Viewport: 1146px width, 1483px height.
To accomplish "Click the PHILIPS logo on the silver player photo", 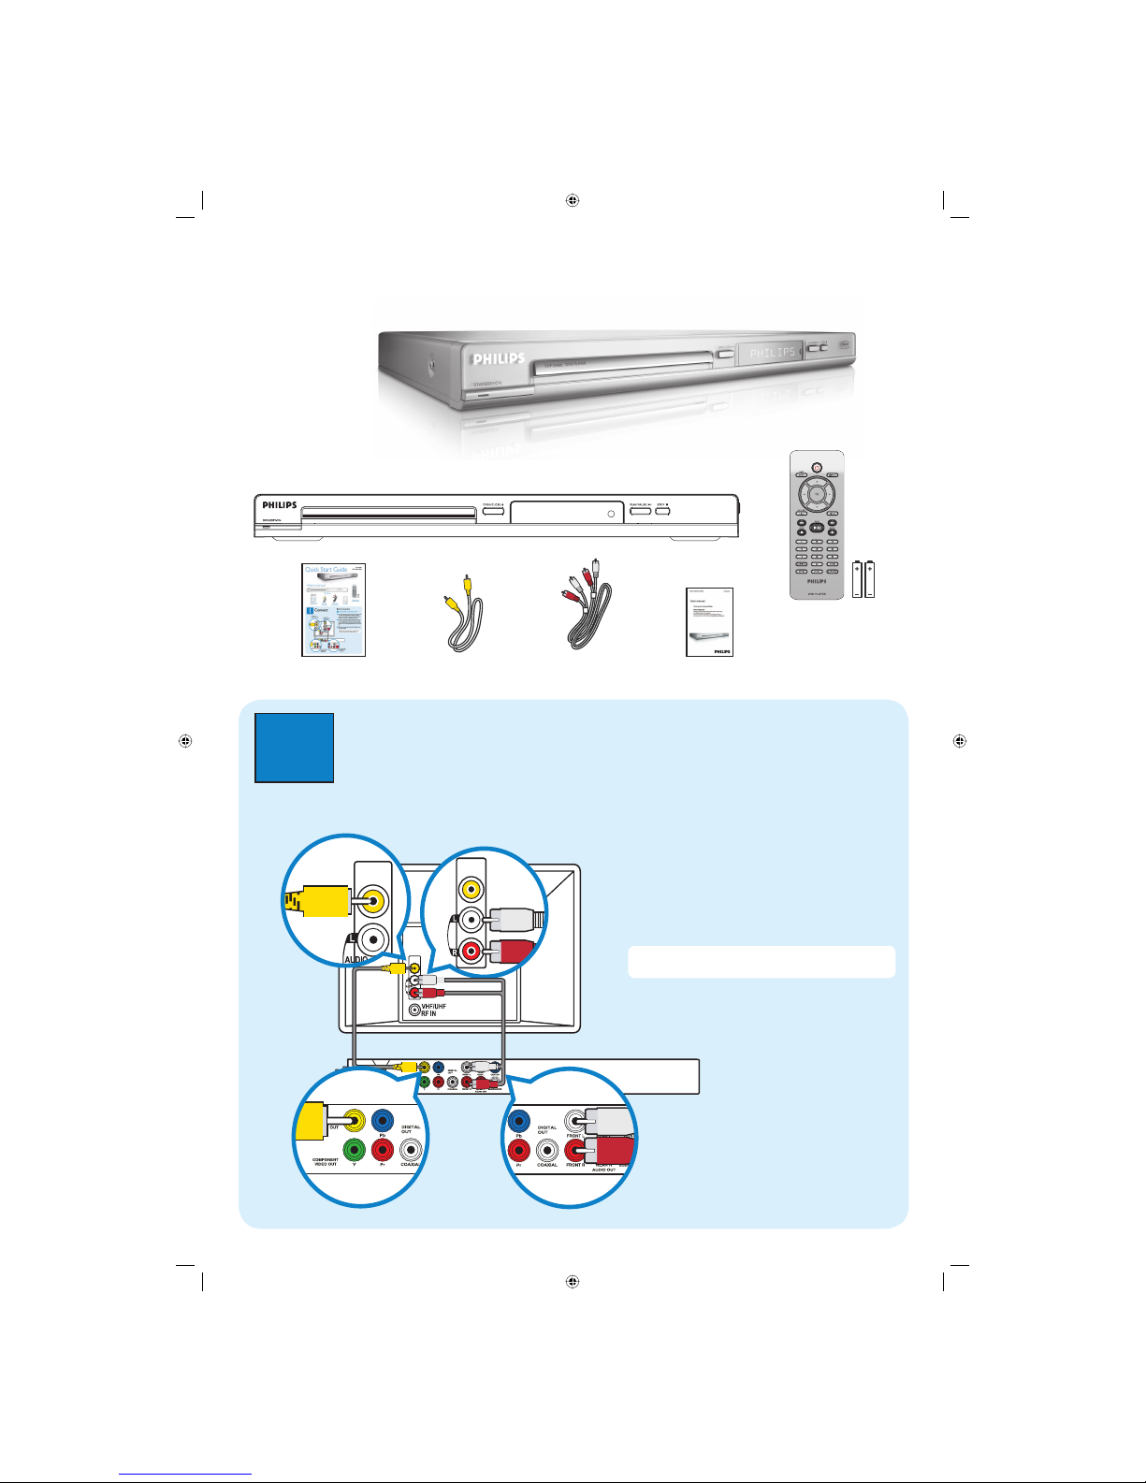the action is [499, 359].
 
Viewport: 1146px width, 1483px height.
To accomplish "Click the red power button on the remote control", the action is [817, 468].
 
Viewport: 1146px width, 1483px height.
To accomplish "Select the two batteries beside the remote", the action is [863, 578].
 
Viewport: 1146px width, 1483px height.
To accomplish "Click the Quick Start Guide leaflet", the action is [333, 609].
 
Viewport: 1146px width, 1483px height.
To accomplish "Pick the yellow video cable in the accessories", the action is [461, 615].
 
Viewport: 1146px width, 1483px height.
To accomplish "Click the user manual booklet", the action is [709, 621].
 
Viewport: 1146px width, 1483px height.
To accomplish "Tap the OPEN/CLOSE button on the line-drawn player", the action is [494, 511].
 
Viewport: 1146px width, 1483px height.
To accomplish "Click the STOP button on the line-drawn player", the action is [662, 511].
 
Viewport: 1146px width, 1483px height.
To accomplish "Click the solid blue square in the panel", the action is [294, 748].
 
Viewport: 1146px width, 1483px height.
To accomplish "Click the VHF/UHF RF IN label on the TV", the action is [433, 1010].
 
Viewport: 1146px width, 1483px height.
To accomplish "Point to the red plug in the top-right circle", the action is [515, 951].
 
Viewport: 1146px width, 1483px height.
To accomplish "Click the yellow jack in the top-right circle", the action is [471, 889].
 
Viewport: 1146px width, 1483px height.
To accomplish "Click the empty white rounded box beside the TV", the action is [761, 962].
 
